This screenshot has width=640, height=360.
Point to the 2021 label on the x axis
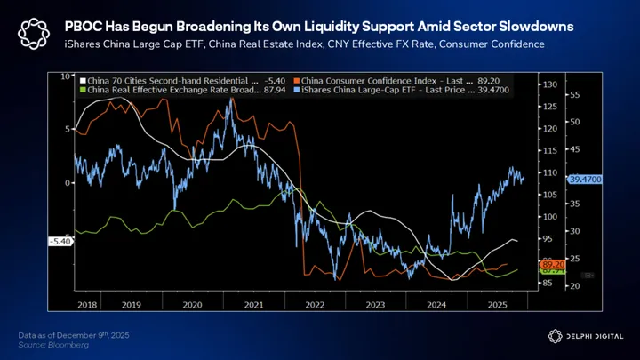255,304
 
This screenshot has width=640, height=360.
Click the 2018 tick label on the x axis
86,304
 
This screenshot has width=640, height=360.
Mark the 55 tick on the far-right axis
575,93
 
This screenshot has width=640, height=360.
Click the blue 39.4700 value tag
585,179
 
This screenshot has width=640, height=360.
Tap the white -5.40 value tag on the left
59,241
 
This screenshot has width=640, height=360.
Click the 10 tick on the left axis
66,76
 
